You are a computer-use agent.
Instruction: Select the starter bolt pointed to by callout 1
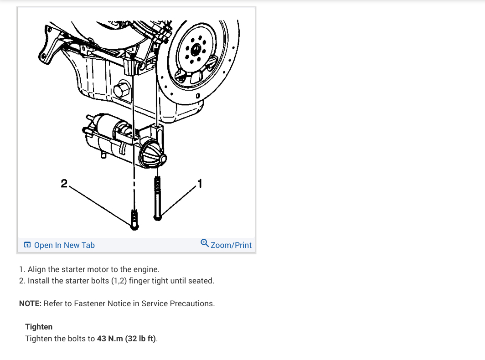coord(158,198)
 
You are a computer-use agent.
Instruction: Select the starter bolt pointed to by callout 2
coord(134,219)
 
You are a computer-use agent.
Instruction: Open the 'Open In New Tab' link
coord(64,245)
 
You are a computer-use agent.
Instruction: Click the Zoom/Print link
coord(231,245)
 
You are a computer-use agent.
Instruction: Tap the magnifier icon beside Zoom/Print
coord(205,243)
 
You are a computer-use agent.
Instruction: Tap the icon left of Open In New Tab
coord(27,245)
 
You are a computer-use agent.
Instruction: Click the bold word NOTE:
coord(30,303)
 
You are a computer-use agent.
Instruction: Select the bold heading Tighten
coord(39,327)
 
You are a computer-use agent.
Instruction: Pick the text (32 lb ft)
coord(140,339)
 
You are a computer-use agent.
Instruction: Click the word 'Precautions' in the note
coord(191,303)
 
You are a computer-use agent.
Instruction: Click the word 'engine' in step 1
coord(146,269)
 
